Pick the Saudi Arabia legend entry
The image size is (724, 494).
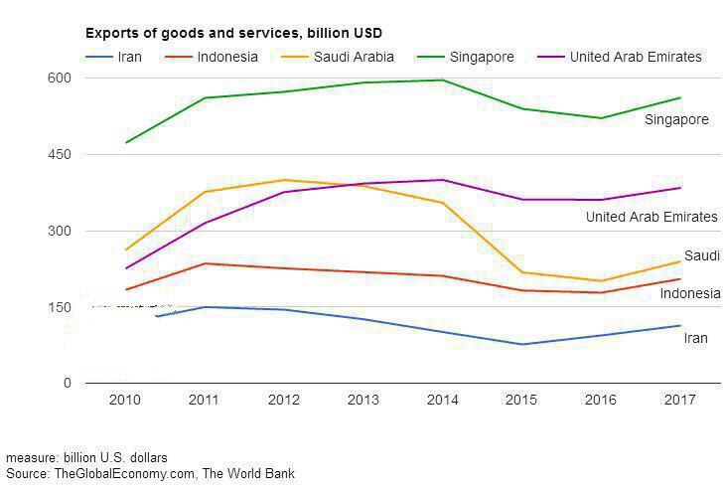coord(353,57)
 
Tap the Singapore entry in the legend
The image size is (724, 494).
coord(482,57)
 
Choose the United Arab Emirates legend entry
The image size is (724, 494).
coord(636,57)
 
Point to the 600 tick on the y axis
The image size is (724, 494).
coord(61,78)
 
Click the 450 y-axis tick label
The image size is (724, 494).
coord(61,154)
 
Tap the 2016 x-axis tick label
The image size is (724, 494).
coord(600,400)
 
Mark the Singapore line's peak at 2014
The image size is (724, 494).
coord(442,80)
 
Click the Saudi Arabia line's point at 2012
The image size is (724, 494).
coord(285,180)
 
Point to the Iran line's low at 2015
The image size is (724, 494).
coord(521,344)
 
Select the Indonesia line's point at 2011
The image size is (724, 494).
coord(206,263)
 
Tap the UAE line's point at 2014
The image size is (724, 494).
coord(442,180)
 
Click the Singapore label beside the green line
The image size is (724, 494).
coord(676,119)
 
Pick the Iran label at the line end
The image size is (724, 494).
coord(695,338)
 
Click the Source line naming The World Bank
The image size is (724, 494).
coord(150,474)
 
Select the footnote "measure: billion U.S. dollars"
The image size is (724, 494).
coord(86,458)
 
